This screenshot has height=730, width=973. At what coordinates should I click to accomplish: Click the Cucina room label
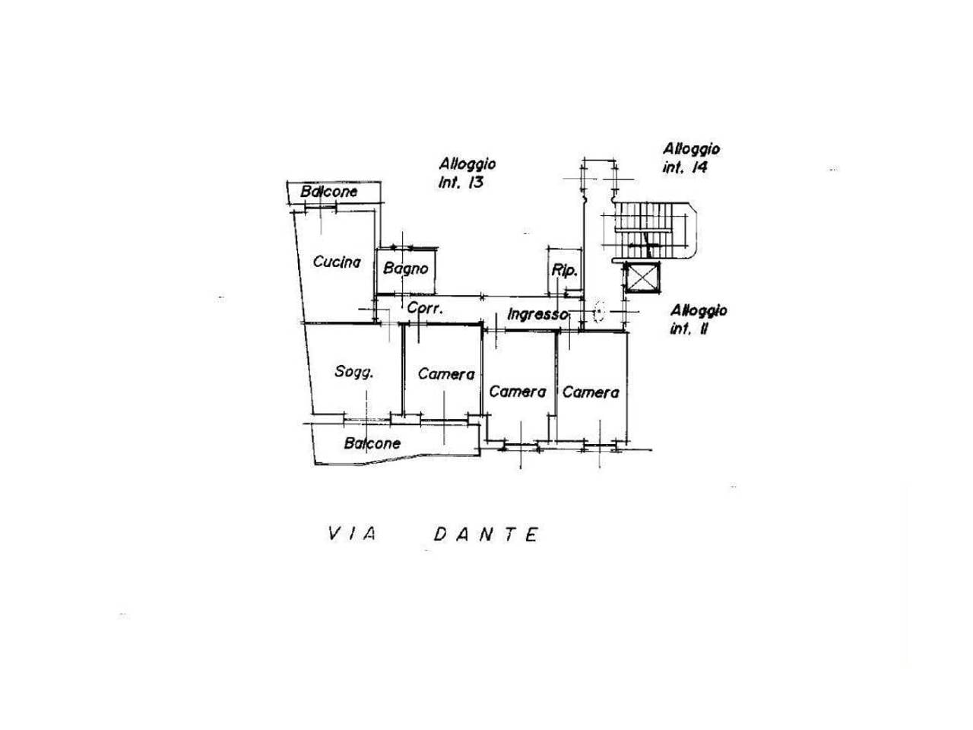point(337,262)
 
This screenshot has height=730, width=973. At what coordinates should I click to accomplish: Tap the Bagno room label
point(406,268)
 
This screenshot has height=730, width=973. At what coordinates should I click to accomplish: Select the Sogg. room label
point(353,371)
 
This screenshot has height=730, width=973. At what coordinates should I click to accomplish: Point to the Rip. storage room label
point(564,271)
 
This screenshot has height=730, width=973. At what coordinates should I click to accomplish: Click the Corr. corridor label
point(425,308)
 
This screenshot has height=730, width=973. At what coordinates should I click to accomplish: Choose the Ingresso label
point(537,314)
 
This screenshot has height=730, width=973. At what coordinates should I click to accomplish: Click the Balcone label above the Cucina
point(328,192)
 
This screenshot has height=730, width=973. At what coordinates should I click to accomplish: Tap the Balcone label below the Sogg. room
point(372,443)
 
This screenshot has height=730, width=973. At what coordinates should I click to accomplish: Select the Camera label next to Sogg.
point(446,374)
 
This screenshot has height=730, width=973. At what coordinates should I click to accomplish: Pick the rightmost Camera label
point(591,392)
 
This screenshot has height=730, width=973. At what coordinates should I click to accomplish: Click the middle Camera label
point(518,392)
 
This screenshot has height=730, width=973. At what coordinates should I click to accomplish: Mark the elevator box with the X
point(642,278)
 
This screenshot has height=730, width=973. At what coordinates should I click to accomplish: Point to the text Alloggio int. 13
point(467,173)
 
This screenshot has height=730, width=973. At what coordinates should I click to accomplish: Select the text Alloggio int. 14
point(691,158)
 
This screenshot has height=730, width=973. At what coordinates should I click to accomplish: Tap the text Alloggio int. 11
point(698,319)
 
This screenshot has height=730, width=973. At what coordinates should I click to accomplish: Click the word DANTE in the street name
point(486,535)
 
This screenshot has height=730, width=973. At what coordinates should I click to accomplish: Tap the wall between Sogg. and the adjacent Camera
point(403,370)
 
